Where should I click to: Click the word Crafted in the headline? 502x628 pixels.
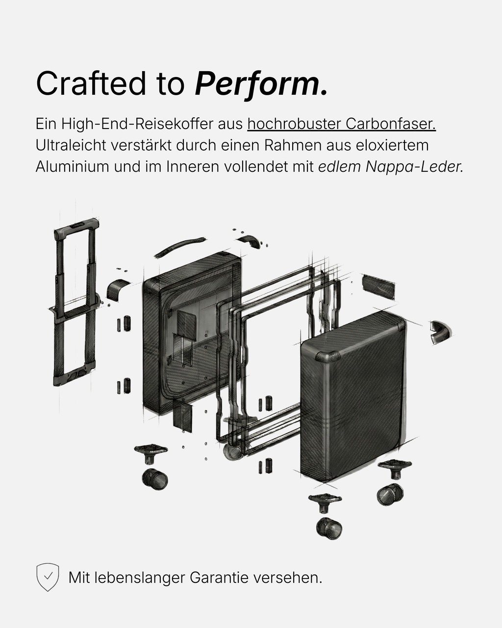tap(91, 83)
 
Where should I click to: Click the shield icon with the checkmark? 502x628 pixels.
tap(48, 577)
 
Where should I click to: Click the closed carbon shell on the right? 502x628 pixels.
tap(353, 397)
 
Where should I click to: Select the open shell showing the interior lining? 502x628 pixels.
tap(191, 334)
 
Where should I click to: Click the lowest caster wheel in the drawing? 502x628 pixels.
tap(329, 528)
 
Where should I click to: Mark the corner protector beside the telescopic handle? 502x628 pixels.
tap(117, 289)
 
